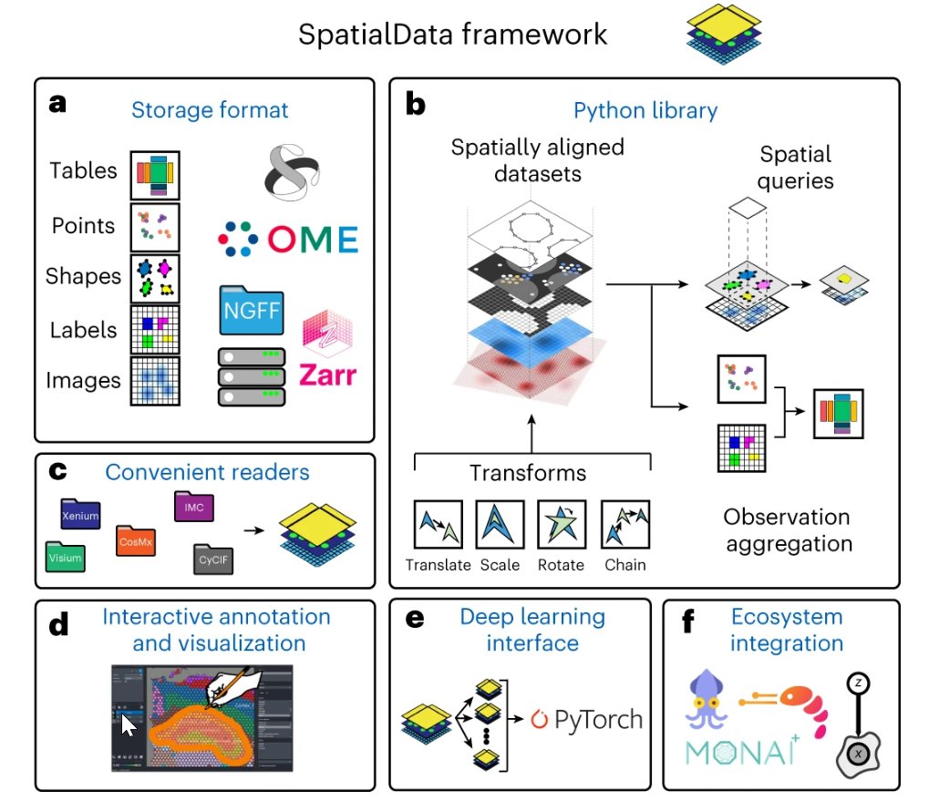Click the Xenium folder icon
pyautogui.click(x=80, y=514)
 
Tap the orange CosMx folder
pyautogui.click(x=136, y=540)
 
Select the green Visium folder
pyautogui.click(x=66, y=556)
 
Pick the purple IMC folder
pyautogui.click(x=194, y=506)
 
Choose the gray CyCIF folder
pyautogui.click(x=213, y=560)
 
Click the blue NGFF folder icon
pyautogui.click(x=252, y=310)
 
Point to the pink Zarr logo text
pyautogui.click(x=327, y=375)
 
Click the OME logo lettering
pyautogui.click(x=313, y=240)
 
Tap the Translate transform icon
pyautogui.click(x=439, y=524)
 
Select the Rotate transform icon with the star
pyautogui.click(x=562, y=524)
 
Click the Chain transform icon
pyautogui.click(x=625, y=524)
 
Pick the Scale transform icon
pyautogui.click(x=500, y=524)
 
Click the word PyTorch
pyautogui.click(x=598, y=720)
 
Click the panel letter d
pyautogui.click(x=58, y=624)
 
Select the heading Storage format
pyautogui.click(x=210, y=110)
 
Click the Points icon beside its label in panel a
pyautogui.click(x=155, y=228)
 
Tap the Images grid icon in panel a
pyautogui.click(x=155, y=381)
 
